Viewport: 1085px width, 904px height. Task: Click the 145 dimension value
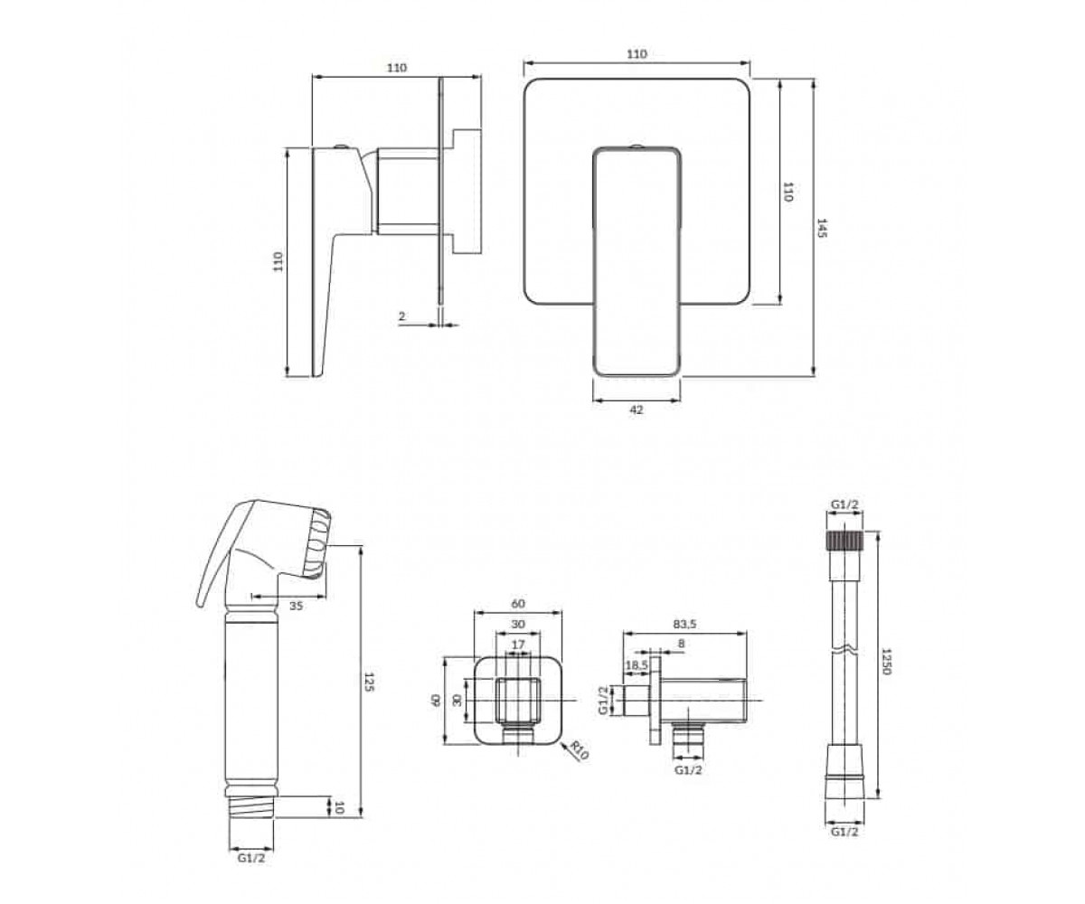(822, 228)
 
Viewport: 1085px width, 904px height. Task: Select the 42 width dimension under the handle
(636, 410)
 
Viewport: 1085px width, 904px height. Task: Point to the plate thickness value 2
(401, 315)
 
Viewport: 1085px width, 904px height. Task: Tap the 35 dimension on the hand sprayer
(296, 606)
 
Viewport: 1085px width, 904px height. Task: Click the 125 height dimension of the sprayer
(368, 683)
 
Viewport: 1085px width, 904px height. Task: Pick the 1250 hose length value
(886, 662)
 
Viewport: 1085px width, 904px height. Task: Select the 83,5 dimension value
(684, 625)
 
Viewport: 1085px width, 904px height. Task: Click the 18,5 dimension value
(637, 665)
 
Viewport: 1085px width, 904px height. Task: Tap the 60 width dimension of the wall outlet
(518, 603)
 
